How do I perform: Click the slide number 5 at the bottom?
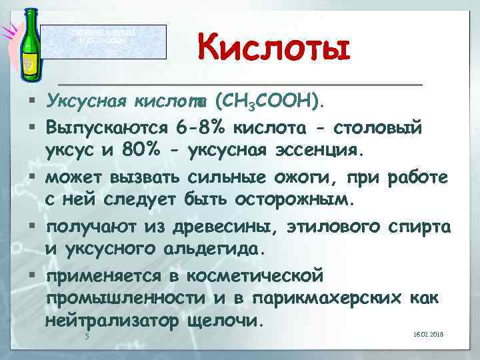point(87,337)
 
